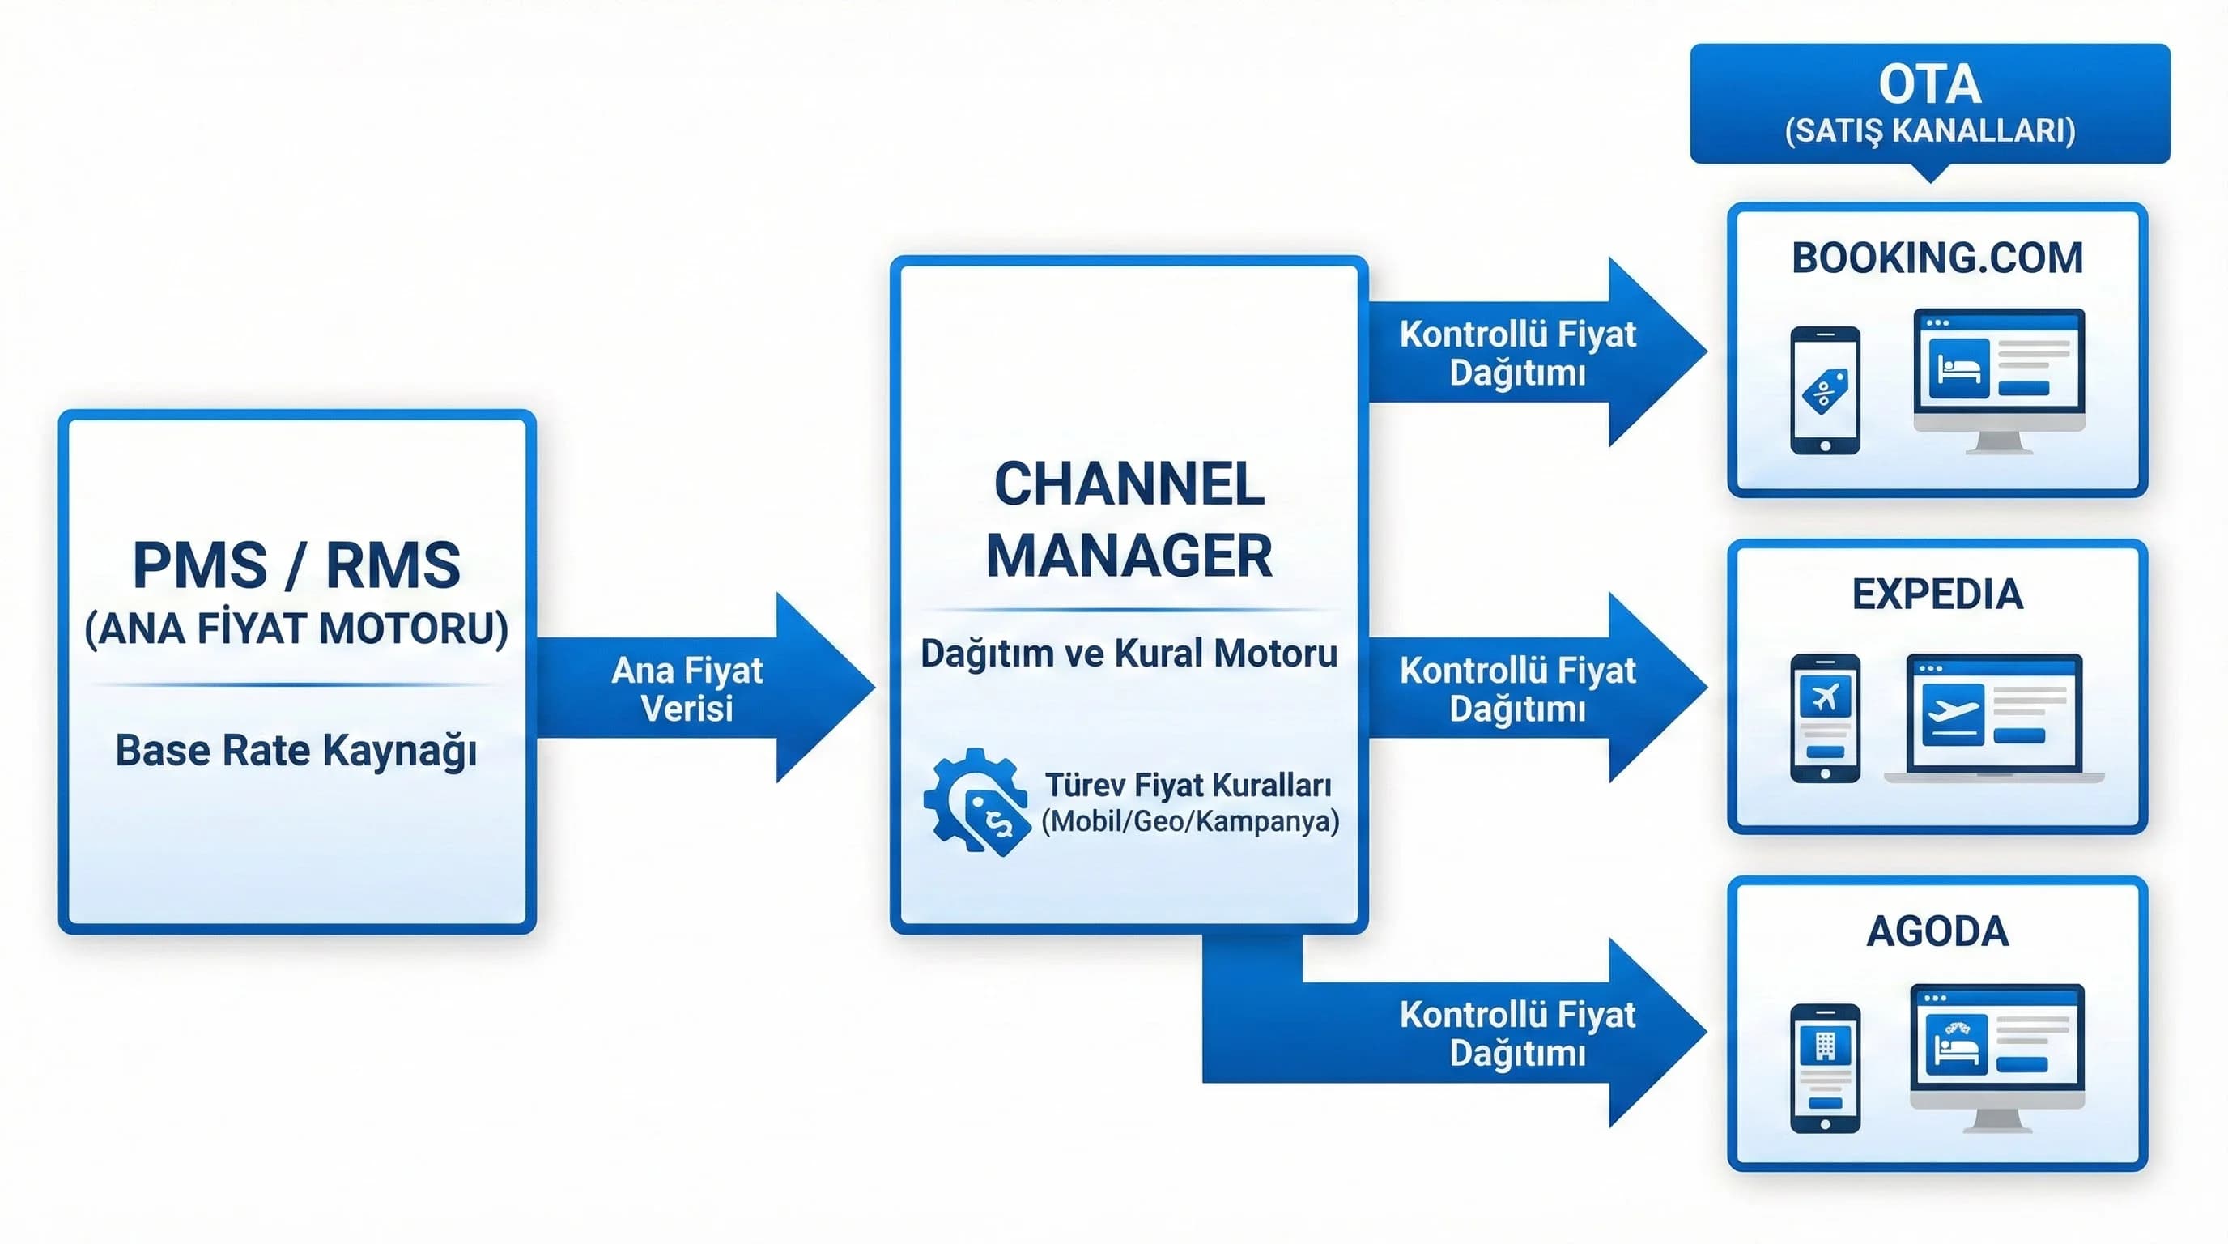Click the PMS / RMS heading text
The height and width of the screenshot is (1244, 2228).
[296, 565]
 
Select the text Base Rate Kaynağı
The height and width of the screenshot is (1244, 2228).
[296, 750]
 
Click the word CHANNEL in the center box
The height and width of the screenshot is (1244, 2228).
[1129, 484]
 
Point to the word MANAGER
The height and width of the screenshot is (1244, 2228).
[1129, 556]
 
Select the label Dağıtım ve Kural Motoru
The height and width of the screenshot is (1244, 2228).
[1129, 653]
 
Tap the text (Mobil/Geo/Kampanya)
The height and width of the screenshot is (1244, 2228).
[1190, 820]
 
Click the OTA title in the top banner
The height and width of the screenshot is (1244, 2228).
[1929, 84]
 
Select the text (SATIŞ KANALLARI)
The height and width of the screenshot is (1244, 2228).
[1929, 130]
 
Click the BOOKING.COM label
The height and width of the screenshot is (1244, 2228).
[1937, 258]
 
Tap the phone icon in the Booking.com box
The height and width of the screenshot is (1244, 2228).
[1825, 390]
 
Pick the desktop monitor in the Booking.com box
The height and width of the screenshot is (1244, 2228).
[1999, 379]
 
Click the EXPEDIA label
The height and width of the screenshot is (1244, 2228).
[1937, 594]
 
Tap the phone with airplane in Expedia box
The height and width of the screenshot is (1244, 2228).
[1825, 718]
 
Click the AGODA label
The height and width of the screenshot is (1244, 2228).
[1937, 931]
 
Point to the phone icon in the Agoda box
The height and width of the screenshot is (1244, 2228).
[1825, 1067]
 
